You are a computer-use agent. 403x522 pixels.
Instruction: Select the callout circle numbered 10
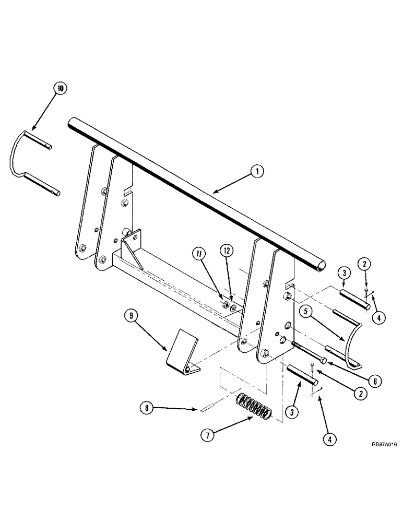click(x=61, y=89)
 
